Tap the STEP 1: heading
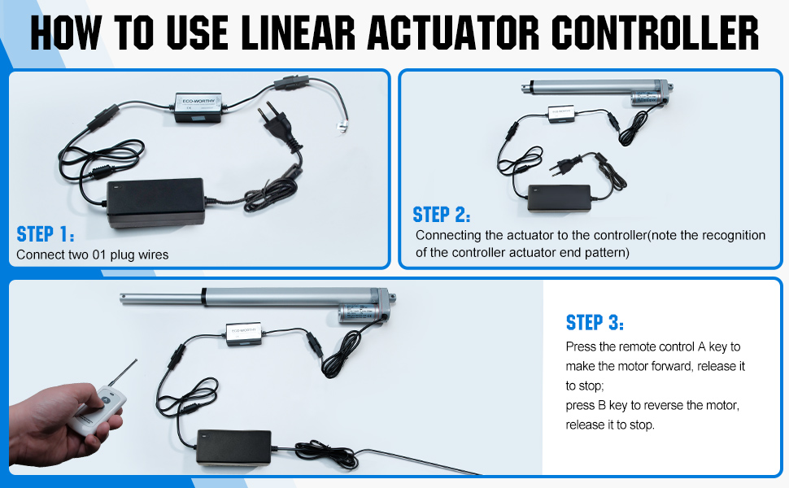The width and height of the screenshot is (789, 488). click(46, 234)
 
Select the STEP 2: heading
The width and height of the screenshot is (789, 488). click(442, 215)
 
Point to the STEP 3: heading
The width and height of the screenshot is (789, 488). click(595, 322)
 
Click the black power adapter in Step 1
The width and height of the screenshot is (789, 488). click(155, 203)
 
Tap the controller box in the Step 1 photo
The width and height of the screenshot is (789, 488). click(198, 107)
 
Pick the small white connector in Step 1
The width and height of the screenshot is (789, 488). click(342, 128)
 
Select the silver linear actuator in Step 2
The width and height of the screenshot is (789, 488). click(596, 91)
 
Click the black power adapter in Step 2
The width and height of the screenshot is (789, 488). click(559, 198)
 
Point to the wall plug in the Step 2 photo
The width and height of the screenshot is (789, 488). click(565, 166)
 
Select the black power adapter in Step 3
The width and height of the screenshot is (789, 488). click(234, 447)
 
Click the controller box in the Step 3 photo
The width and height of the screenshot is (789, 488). click(244, 334)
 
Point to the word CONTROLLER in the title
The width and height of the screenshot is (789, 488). click(655, 33)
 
